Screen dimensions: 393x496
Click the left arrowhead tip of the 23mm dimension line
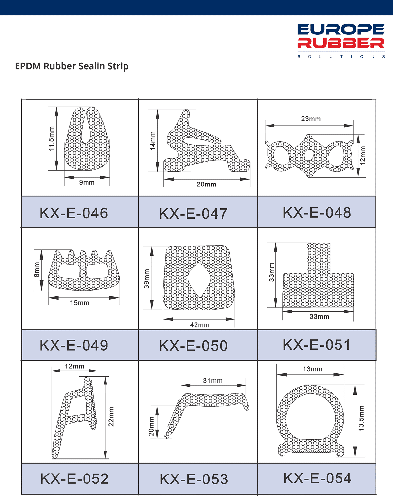(265, 126)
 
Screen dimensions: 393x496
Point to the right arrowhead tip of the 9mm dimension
(110, 177)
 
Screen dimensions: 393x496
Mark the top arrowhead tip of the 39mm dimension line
(152, 246)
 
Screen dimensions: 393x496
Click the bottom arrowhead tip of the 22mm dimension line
(105, 458)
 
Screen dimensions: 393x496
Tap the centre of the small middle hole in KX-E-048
(309, 155)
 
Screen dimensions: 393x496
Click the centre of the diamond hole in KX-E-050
(199, 280)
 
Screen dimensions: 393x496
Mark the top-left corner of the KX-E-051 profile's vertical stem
(307, 243)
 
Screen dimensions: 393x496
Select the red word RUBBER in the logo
(341, 43)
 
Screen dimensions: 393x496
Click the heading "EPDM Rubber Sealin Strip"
(72, 66)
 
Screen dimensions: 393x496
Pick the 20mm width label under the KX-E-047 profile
(206, 185)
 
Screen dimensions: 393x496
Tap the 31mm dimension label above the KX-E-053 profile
(213, 381)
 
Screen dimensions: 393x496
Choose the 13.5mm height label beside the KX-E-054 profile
(361, 418)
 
